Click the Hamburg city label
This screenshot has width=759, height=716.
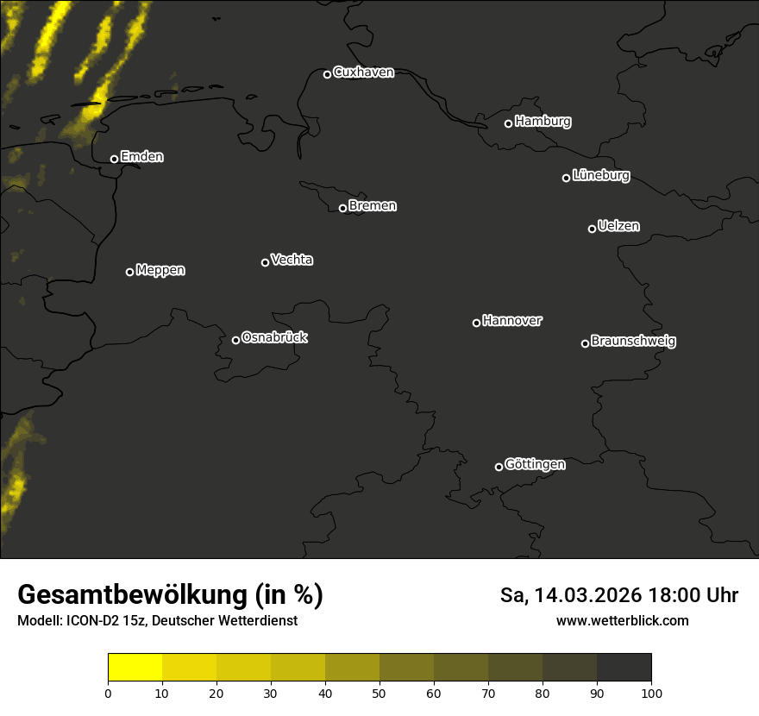pyautogui.click(x=543, y=122)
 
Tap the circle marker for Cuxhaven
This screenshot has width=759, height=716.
pyautogui.click(x=327, y=74)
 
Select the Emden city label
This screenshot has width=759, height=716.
pyautogui.click(x=141, y=157)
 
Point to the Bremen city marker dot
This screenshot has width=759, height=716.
pyautogui.click(x=342, y=208)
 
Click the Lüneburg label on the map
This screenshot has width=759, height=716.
pyautogui.click(x=600, y=176)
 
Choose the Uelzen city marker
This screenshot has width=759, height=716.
pyautogui.click(x=592, y=229)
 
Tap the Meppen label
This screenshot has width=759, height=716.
pyautogui.click(x=160, y=270)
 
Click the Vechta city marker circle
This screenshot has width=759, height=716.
pyautogui.click(x=265, y=262)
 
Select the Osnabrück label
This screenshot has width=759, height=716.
pyautogui.click(x=274, y=337)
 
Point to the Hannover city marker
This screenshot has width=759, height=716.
pyautogui.click(x=476, y=323)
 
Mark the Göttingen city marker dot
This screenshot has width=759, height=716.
pyautogui.click(x=499, y=467)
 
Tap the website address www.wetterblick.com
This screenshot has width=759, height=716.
pyautogui.click(x=622, y=620)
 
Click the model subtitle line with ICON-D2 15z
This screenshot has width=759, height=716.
pyautogui.click(x=157, y=620)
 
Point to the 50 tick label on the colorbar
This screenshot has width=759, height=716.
pyautogui.click(x=379, y=692)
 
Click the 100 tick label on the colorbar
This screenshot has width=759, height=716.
pyautogui.click(x=651, y=692)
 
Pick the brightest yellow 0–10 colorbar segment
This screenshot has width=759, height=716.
pyautogui.click(x=135, y=668)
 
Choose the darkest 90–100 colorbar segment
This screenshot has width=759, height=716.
pyautogui.click(x=624, y=668)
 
